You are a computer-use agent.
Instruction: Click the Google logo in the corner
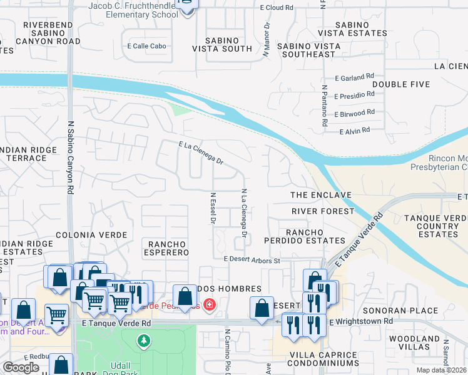click(21, 367)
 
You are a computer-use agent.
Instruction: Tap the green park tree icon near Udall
click(144, 341)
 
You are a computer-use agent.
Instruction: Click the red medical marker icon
click(209, 305)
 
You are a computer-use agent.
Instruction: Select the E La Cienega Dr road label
click(201, 153)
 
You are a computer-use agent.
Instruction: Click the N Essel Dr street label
click(213, 208)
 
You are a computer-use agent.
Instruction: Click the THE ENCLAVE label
click(321, 196)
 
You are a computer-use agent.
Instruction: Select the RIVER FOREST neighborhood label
click(323, 211)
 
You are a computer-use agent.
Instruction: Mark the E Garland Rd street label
click(354, 78)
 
